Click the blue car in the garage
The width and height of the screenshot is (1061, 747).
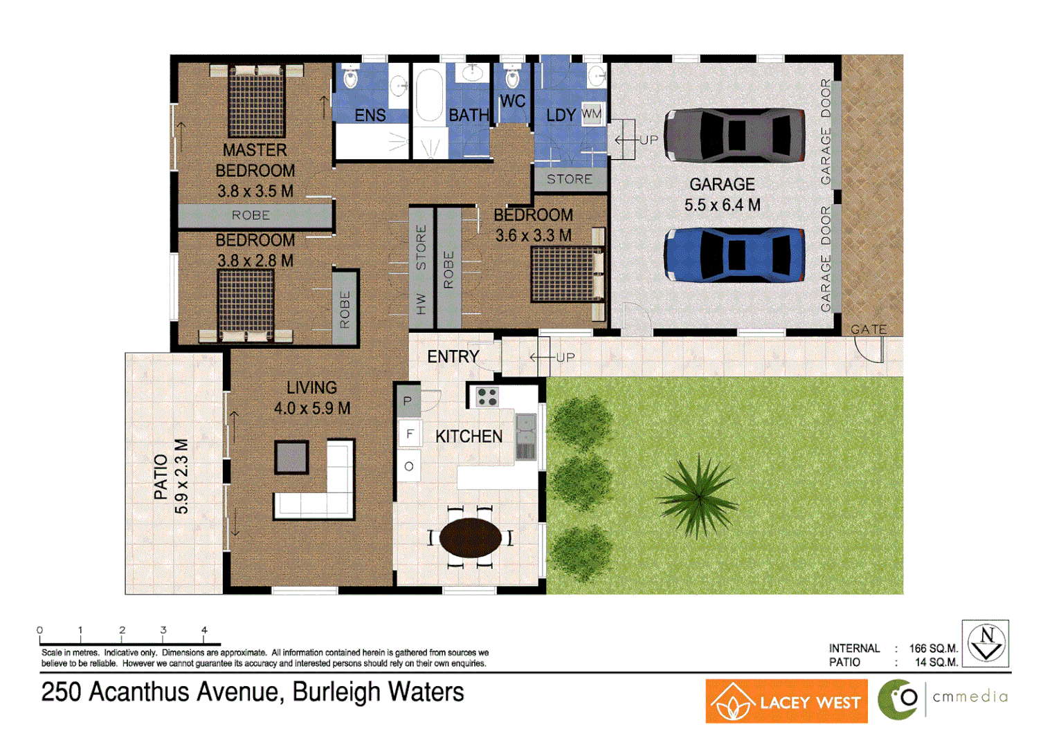coord(734,255)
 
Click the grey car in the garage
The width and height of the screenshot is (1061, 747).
coord(734,136)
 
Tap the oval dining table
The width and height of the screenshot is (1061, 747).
coord(470,537)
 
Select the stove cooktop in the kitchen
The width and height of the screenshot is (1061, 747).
coord(487,397)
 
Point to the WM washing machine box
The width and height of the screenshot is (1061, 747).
coord(592,114)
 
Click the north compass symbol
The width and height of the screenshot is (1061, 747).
coord(986,643)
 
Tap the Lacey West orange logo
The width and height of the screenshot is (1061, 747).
coord(786,701)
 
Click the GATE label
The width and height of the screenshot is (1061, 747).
coord(869,330)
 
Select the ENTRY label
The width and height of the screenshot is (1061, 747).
coord(453,357)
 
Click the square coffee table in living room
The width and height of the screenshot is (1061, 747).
coord(291,456)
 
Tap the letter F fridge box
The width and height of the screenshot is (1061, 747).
coord(410,434)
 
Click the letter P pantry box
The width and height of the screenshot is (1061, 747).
coord(408,401)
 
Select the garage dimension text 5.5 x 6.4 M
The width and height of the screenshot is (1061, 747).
coord(722,205)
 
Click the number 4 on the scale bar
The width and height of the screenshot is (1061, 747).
coord(204,630)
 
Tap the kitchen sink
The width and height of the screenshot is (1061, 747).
coord(525,437)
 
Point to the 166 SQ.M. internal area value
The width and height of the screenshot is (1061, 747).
coord(933,649)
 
